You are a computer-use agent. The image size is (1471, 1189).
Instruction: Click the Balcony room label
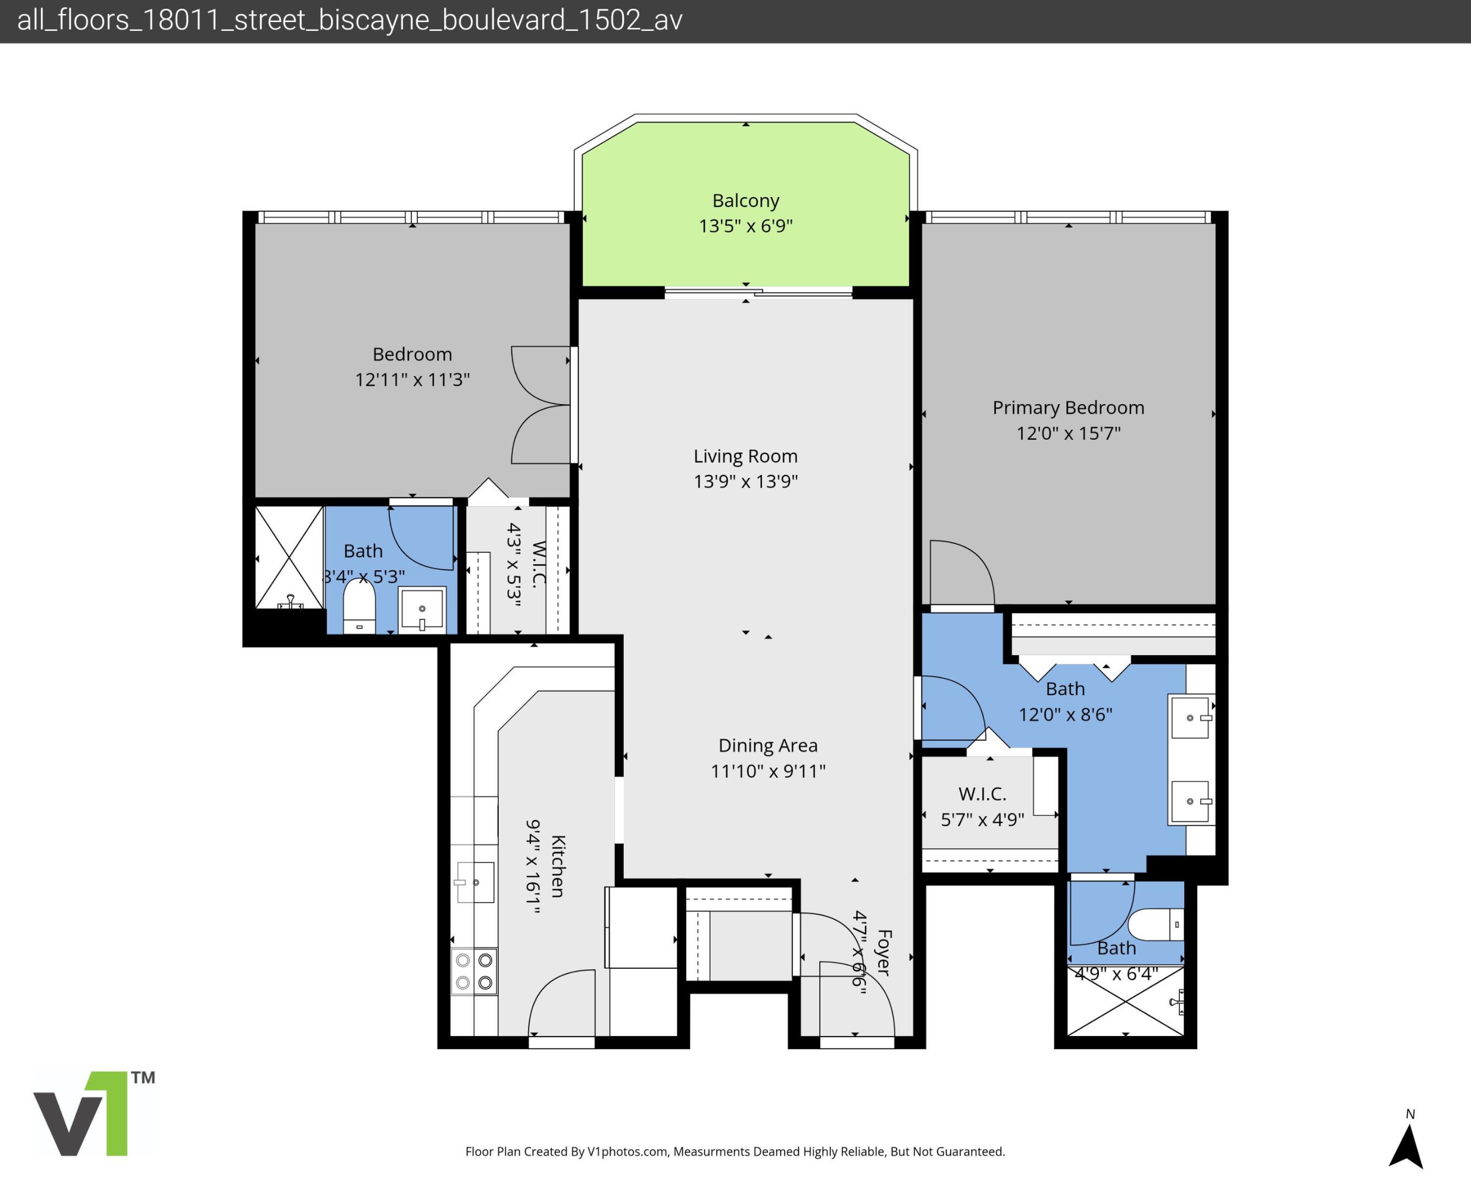[x=745, y=201]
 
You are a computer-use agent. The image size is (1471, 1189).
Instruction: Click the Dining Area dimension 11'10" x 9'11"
[x=767, y=771]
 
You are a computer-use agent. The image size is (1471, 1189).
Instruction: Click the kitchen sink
[x=475, y=882]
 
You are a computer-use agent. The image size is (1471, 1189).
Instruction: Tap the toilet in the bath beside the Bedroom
[x=359, y=607]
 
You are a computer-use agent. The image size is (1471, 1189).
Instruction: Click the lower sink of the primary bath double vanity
[x=1190, y=801]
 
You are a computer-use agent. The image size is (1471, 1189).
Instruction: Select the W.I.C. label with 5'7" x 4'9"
[x=982, y=794]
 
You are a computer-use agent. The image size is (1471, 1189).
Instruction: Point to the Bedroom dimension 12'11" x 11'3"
[x=412, y=379]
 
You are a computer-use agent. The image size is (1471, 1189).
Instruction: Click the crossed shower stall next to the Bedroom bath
[x=289, y=558]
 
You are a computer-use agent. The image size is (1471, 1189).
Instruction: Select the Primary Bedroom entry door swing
[x=961, y=572]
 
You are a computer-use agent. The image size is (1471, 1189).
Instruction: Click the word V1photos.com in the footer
[x=626, y=1152]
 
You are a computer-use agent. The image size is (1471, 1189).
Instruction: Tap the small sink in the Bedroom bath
[x=422, y=608]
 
